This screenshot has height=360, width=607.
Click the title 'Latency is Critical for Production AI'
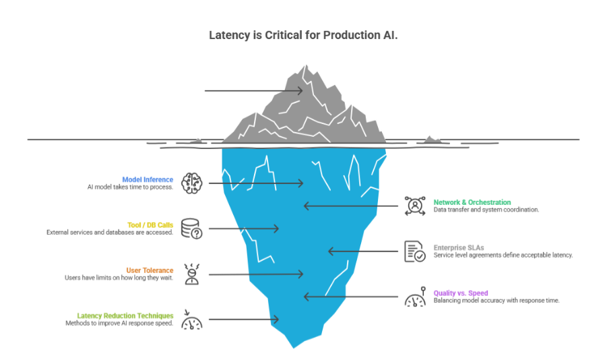click(303, 35)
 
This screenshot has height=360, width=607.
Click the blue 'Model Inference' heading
click(148, 179)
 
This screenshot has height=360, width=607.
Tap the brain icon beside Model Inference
click(192, 182)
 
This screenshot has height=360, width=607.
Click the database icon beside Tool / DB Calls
click(192, 228)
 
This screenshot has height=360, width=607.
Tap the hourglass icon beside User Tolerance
click(192, 274)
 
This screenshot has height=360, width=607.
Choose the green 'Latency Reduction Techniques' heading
click(125, 315)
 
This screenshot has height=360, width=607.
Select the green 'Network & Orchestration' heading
click(472, 202)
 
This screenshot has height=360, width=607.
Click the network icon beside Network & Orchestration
click(414, 206)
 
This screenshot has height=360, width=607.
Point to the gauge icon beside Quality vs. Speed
click(414, 297)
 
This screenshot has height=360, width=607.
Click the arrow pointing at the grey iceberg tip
click(253, 90)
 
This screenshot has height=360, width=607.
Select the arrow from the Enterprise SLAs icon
click(364, 251)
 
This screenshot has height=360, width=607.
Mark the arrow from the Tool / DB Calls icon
click(243, 229)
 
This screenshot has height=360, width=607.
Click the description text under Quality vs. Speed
click(496, 301)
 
